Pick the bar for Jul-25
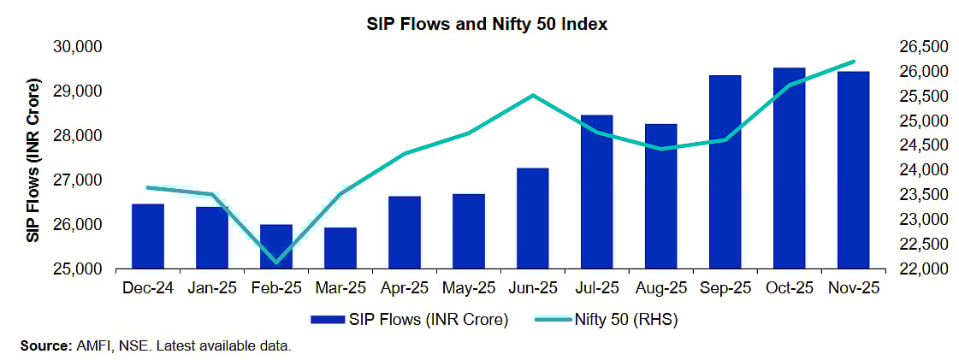[596, 192]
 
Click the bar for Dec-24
[148, 236]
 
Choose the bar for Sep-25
[725, 172]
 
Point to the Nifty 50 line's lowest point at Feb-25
[276, 262]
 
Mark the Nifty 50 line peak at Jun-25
[533, 95]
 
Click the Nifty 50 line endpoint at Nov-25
[853, 62]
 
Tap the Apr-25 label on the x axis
[405, 288]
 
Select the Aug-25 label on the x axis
[660, 288]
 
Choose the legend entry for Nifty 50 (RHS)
[629, 320]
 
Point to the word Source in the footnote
[43, 345]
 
